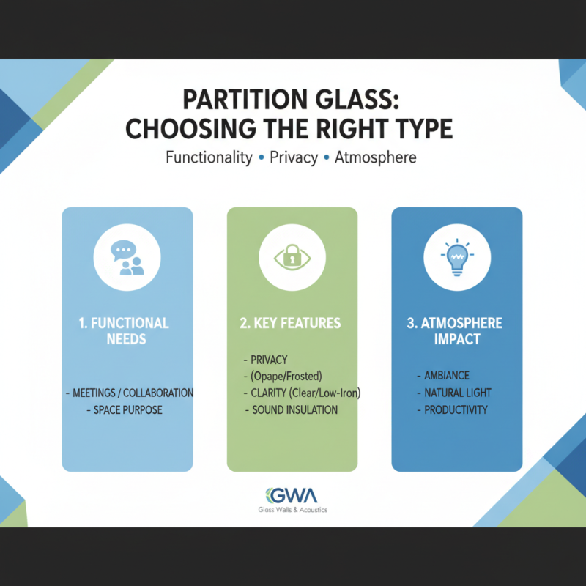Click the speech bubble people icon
tap(127, 259)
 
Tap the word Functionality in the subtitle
tap(209, 157)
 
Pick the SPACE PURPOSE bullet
tap(128, 410)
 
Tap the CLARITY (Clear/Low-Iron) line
tap(302, 393)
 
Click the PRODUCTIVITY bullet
tap(456, 409)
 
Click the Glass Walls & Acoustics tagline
tap(293, 510)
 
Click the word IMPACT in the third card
tap(457, 340)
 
